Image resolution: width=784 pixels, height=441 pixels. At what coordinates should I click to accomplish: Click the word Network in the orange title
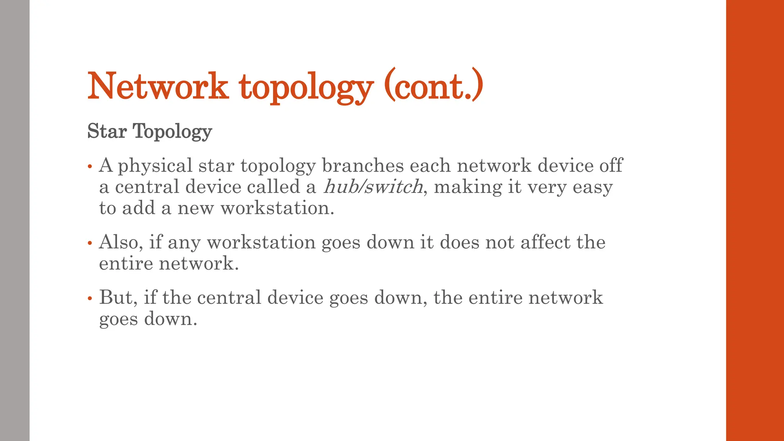(158, 86)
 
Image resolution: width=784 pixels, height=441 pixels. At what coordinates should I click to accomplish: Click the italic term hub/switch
(373, 187)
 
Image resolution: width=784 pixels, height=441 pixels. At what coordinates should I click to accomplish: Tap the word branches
(363, 165)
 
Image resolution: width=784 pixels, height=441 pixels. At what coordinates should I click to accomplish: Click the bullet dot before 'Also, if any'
(90, 243)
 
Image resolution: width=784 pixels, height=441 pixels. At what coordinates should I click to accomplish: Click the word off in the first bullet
(611, 165)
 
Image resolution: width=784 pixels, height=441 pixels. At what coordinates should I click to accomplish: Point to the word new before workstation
(195, 209)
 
